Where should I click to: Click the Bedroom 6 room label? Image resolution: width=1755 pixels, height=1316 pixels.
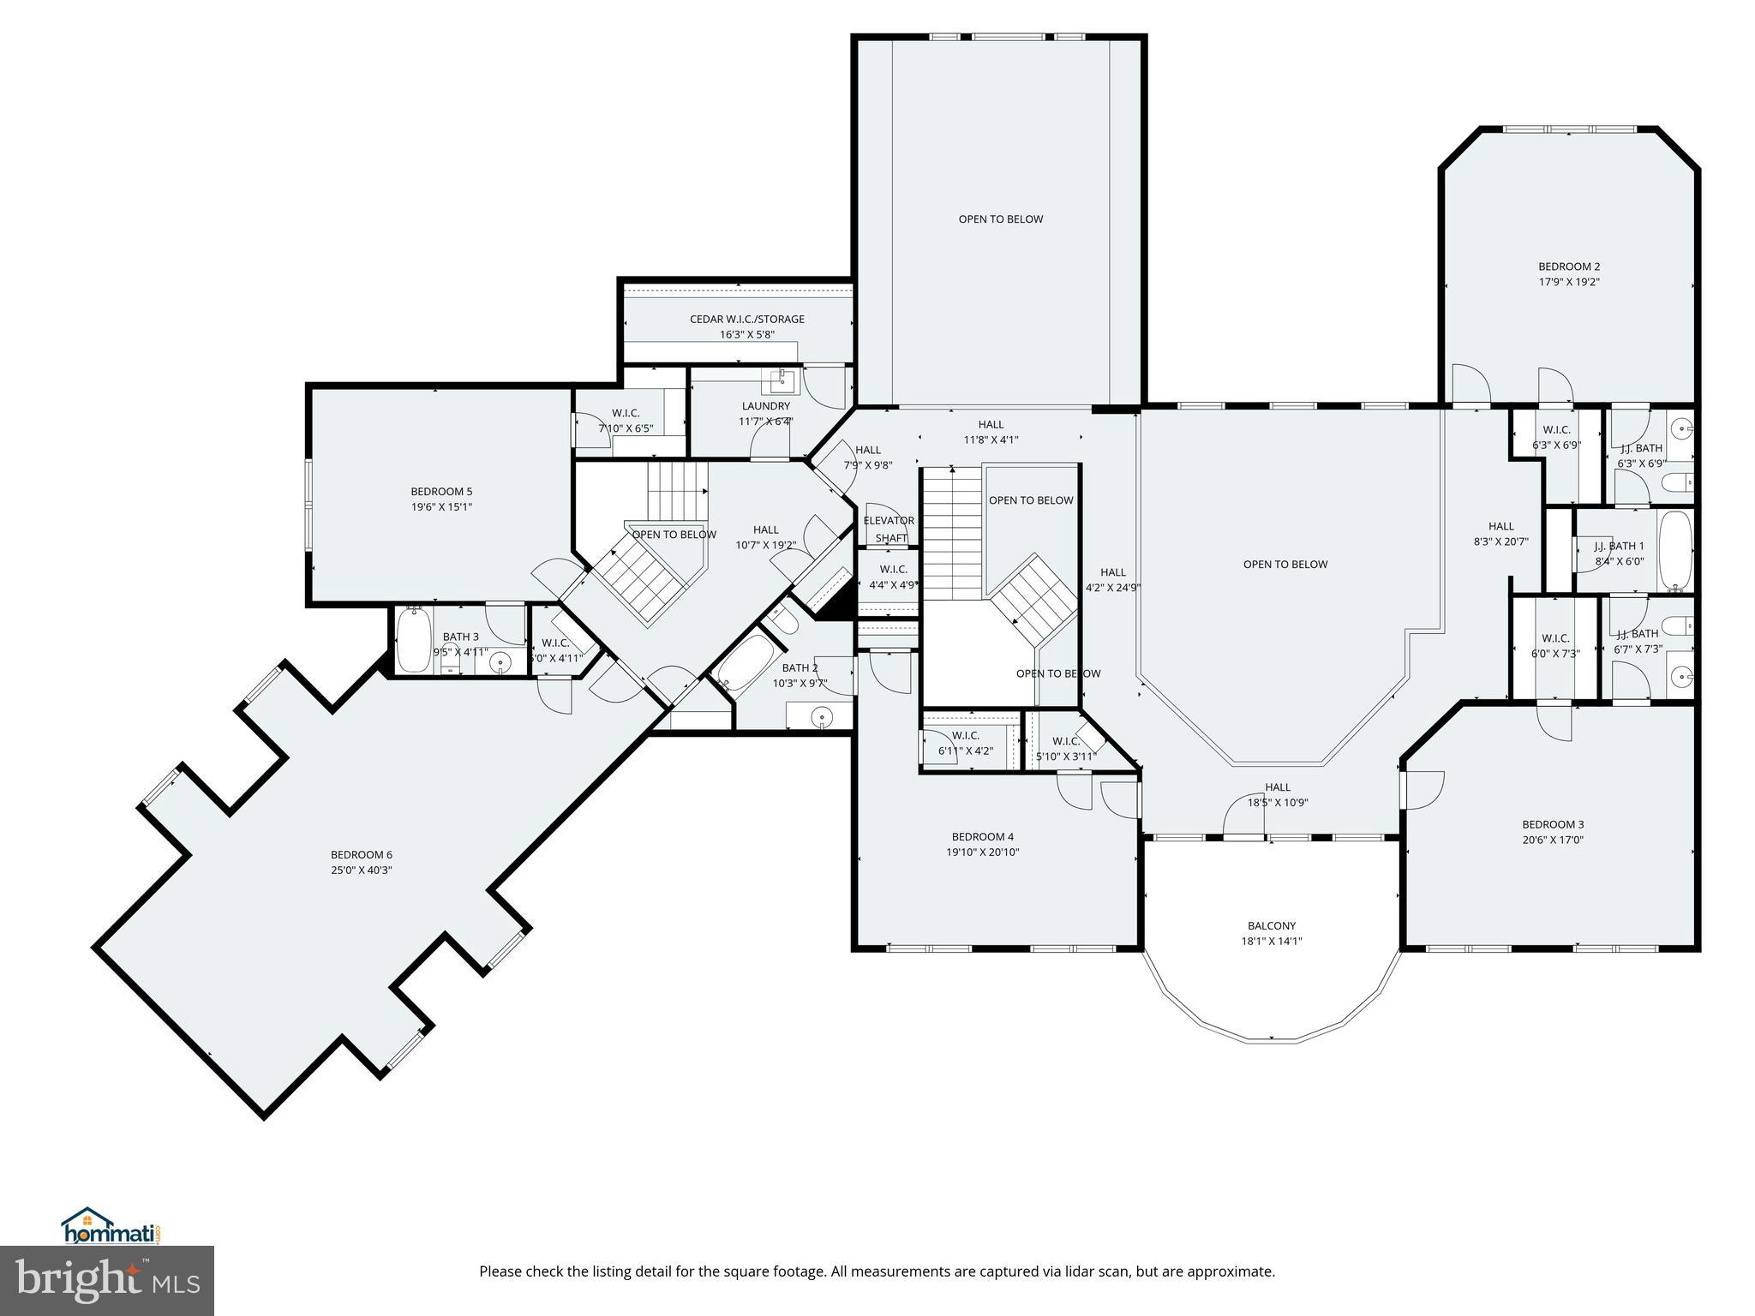(x=361, y=854)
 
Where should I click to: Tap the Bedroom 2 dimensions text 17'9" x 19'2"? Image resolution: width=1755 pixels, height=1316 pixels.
(x=1568, y=281)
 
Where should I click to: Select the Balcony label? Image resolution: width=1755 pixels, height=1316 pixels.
(x=1271, y=925)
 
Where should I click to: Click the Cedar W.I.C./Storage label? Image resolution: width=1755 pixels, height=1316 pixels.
(x=746, y=319)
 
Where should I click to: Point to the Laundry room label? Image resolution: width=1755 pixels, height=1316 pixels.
(x=765, y=406)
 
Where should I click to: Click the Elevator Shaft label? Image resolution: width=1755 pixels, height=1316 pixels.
(x=889, y=529)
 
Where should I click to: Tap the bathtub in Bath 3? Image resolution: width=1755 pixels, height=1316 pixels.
(x=412, y=639)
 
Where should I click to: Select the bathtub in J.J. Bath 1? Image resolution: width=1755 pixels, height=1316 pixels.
(x=1674, y=548)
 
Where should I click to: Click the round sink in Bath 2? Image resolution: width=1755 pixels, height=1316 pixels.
(x=822, y=716)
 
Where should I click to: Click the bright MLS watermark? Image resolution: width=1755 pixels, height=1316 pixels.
(x=106, y=1280)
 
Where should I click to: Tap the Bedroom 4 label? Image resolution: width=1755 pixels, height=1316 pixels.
(x=982, y=836)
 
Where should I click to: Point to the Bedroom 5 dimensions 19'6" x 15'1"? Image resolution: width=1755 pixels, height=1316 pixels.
(x=441, y=506)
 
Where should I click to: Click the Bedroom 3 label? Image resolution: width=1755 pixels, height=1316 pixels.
(x=1552, y=824)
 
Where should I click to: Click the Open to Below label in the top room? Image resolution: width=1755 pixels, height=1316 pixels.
(x=1000, y=218)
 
